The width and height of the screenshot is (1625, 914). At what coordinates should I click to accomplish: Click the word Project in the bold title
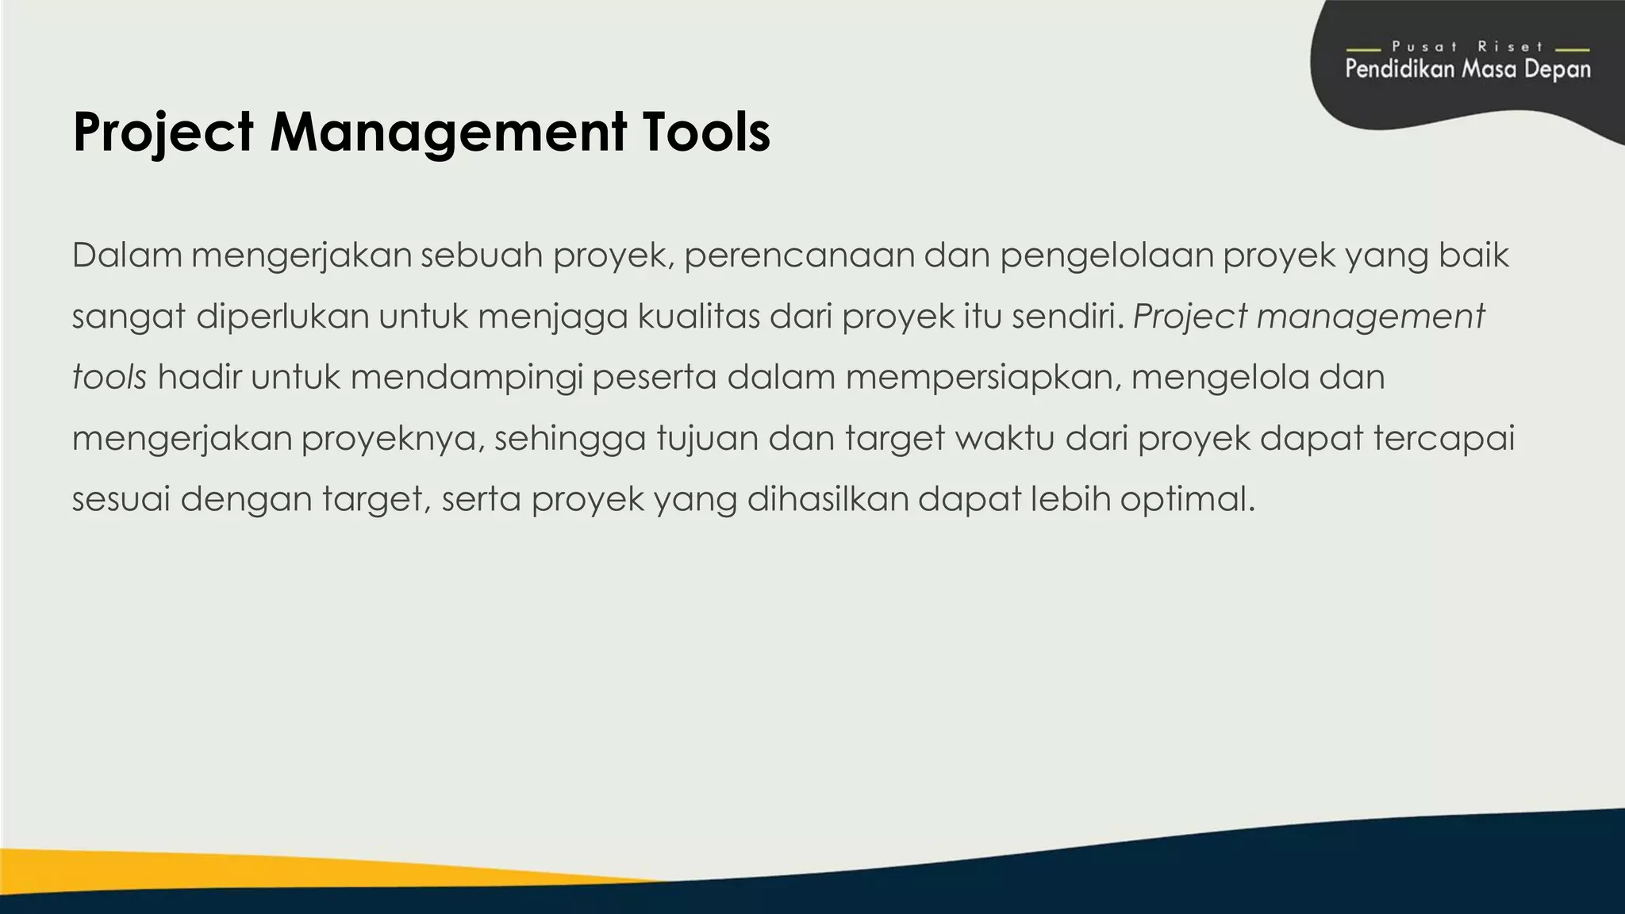coord(163,132)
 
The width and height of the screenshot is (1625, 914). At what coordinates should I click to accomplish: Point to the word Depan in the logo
coord(1557,69)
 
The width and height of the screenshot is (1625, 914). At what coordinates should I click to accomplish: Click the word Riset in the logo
coord(1510,47)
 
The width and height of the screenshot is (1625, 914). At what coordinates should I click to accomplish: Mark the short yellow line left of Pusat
coord(1363,49)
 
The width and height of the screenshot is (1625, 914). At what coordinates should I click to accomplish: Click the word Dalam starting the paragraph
coord(127,255)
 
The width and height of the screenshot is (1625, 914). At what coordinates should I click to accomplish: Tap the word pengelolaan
coord(1106,255)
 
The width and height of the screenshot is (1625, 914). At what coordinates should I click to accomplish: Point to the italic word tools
coord(109,377)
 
